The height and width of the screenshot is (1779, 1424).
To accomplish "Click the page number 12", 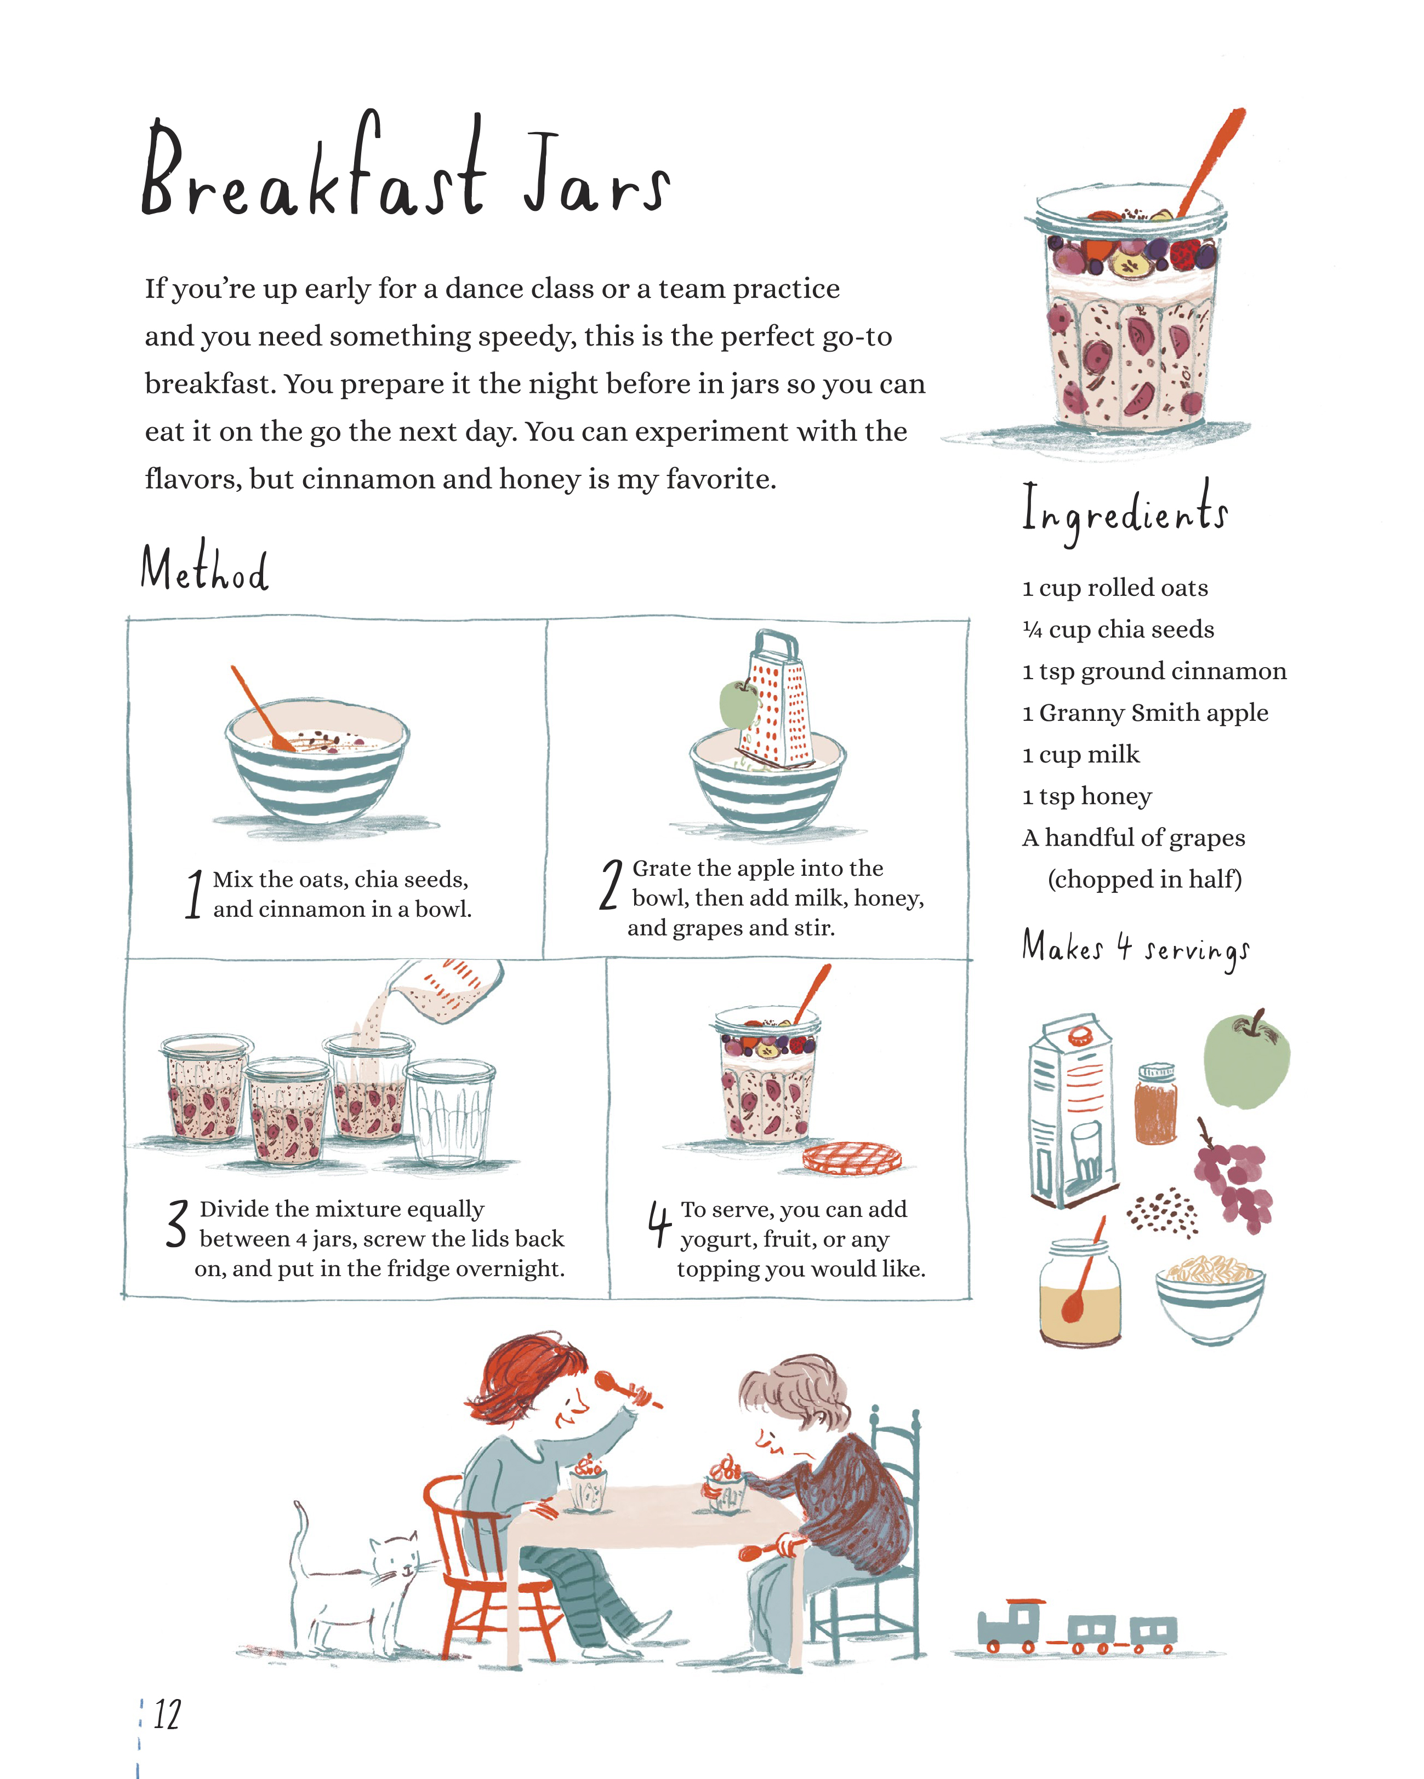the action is point(167,1714).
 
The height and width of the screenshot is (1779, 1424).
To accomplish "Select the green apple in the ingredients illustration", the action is point(1246,1060).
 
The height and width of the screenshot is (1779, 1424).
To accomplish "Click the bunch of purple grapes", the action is point(1233,1176).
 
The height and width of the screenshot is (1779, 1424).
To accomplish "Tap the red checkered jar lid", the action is point(852,1158).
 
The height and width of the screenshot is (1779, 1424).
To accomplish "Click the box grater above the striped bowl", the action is point(774,702).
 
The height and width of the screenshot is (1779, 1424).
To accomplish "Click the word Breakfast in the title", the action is point(314,169).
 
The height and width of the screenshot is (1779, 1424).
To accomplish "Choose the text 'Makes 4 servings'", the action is point(1135,949).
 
